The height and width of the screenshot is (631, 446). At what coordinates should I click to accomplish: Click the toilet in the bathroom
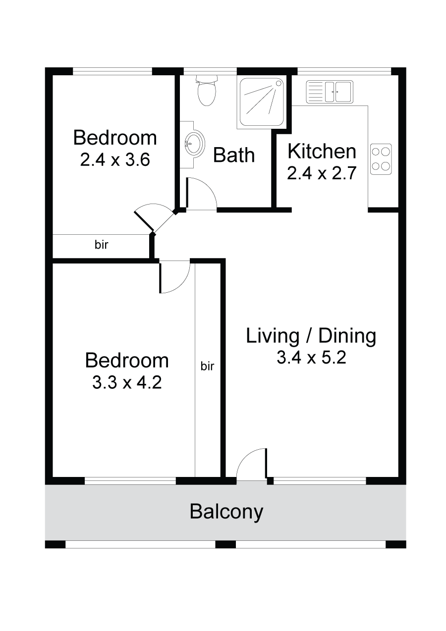(x=207, y=90)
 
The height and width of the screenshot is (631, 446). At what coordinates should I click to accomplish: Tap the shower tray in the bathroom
(x=261, y=102)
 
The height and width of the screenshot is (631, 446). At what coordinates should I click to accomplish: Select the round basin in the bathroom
(x=194, y=145)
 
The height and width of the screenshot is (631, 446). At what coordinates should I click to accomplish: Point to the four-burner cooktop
(x=381, y=159)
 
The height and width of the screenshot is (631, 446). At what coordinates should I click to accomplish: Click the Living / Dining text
(x=311, y=336)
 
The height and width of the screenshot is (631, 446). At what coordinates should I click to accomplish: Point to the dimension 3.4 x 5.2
(x=311, y=358)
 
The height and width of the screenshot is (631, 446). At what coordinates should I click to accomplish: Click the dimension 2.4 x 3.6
(x=115, y=160)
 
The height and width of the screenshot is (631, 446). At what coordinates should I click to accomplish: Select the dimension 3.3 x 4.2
(x=127, y=383)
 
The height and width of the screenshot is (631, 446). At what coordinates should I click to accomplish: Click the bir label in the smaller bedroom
(x=101, y=245)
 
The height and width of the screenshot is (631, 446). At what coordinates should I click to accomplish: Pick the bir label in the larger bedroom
(x=208, y=366)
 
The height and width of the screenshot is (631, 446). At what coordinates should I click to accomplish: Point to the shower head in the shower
(x=279, y=83)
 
